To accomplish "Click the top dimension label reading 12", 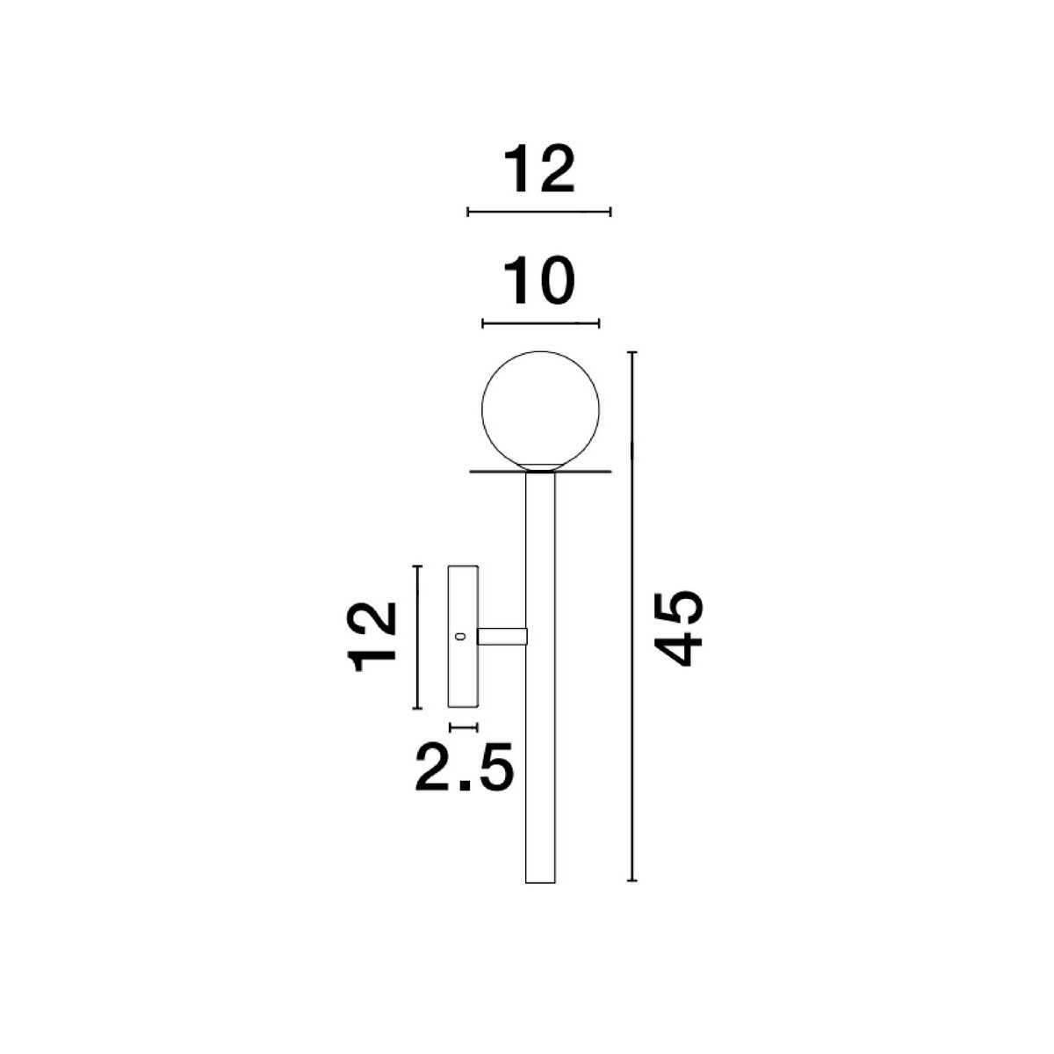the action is pyautogui.click(x=538, y=170).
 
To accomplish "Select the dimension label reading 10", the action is pyautogui.click(x=538, y=281).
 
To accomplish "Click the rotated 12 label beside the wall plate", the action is pyautogui.click(x=372, y=637).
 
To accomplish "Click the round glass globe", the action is pyautogui.click(x=540, y=409).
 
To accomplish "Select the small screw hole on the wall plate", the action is pyautogui.click(x=460, y=636).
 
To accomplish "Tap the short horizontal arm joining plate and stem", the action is pyautogui.click(x=502, y=636).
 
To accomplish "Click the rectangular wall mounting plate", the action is pyautogui.click(x=463, y=636).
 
